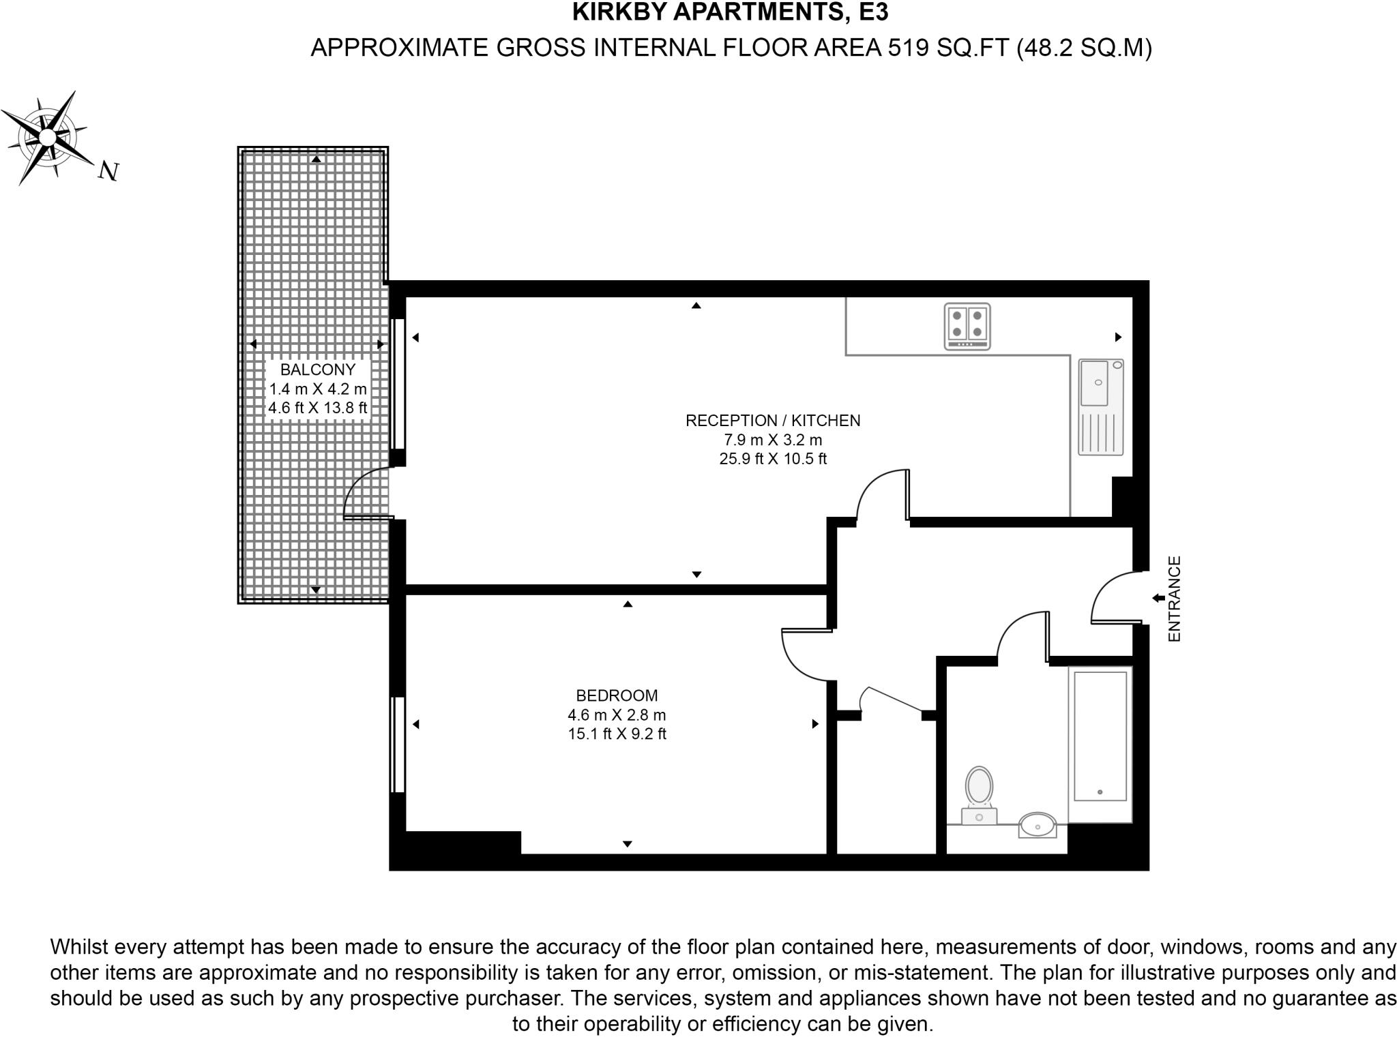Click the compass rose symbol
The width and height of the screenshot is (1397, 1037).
pyautogui.click(x=46, y=138)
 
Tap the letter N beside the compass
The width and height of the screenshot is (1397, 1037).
pyautogui.click(x=108, y=170)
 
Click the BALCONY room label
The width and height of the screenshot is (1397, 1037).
pyautogui.click(x=318, y=370)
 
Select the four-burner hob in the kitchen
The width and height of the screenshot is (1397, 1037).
pyautogui.click(x=967, y=327)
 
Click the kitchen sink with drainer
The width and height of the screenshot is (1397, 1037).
pyautogui.click(x=1100, y=407)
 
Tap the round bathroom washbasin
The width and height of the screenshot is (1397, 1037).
pyautogui.click(x=1038, y=826)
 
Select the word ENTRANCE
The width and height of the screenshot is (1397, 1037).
pyautogui.click(x=1174, y=599)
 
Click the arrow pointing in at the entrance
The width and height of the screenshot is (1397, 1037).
pyautogui.click(x=1158, y=598)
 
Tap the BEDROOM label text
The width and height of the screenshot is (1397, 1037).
pyautogui.click(x=617, y=695)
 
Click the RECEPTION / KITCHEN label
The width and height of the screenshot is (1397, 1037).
pyautogui.click(x=773, y=421)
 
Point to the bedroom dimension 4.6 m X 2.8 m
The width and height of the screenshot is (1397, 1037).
pyautogui.click(x=617, y=715)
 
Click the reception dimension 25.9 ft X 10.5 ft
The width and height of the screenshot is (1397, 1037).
pyautogui.click(x=773, y=459)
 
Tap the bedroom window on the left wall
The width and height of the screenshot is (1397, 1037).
pyautogui.click(x=398, y=744)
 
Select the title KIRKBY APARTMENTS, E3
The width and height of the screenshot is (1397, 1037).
pyautogui.click(x=730, y=12)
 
